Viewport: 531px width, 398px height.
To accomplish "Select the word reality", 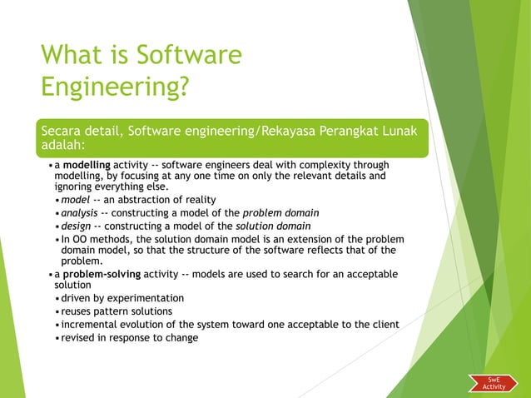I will click(x=201, y=200).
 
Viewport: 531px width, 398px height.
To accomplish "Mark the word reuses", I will click(x=78, y=311).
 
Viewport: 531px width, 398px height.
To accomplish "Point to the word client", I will click(x=382, y=325).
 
